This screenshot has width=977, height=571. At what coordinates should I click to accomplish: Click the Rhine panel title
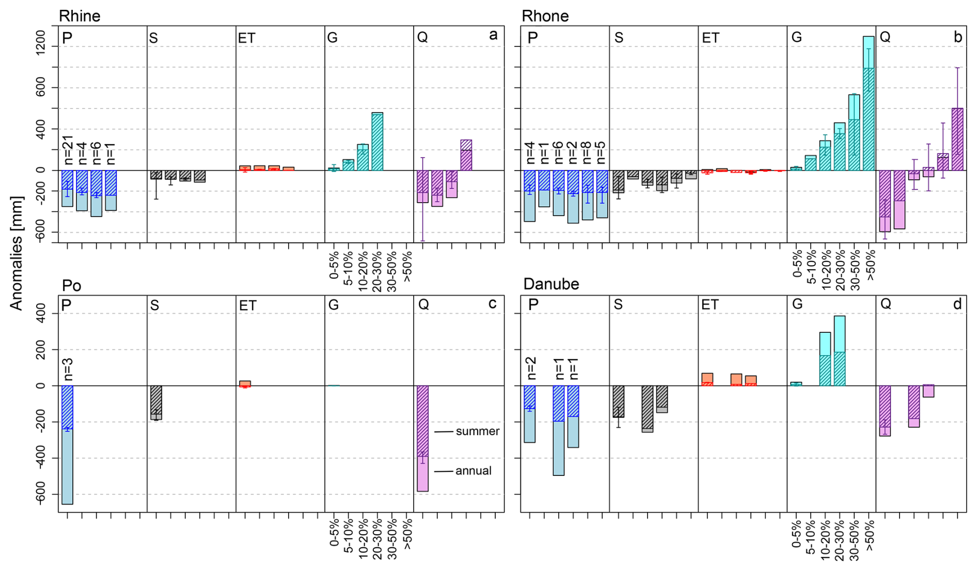click(x=80, y=16)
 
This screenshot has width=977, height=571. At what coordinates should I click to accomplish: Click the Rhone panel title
click(x=545, y=16)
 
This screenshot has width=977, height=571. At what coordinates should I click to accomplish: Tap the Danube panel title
click(x=551, y=284)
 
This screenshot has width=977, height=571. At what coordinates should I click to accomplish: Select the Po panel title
click(x=71, y=285)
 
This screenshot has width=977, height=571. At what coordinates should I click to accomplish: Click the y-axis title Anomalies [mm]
click(x=17, y=253)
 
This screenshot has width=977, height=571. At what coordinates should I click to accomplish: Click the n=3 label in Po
click(x=68, y=369)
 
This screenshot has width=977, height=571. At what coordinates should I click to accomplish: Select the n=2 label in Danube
click(x=530, y=369)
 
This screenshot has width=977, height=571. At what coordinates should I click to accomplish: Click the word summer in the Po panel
click(x=477, y=431)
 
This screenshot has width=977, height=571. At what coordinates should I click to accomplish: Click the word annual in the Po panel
click(x=473, y=471)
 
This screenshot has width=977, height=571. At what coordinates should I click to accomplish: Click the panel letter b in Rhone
click(x=958, y=37)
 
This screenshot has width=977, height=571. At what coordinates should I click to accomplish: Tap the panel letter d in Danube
click(x=957, y=304)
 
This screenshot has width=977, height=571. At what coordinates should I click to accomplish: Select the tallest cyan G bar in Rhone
click(x=869, y=103)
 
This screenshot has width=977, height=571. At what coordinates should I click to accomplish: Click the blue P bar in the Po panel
click(x=67, y=444)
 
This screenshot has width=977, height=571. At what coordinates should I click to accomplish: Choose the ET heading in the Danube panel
click(x=710, y=305)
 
